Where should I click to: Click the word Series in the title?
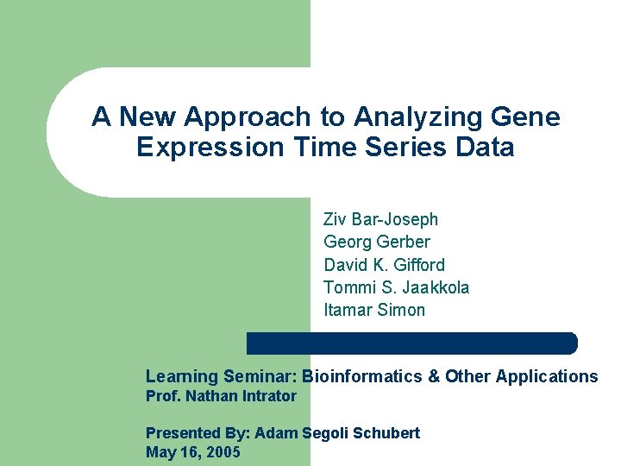[392, 148]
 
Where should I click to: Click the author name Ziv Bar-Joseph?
[380, 220]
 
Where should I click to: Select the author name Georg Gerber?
[376, 242]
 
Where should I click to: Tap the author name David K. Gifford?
[384, 265]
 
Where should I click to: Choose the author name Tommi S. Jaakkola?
[396, 287]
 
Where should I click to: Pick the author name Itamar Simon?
[374, 310]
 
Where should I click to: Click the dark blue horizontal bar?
[411, 343]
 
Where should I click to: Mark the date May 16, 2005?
[192, 452]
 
